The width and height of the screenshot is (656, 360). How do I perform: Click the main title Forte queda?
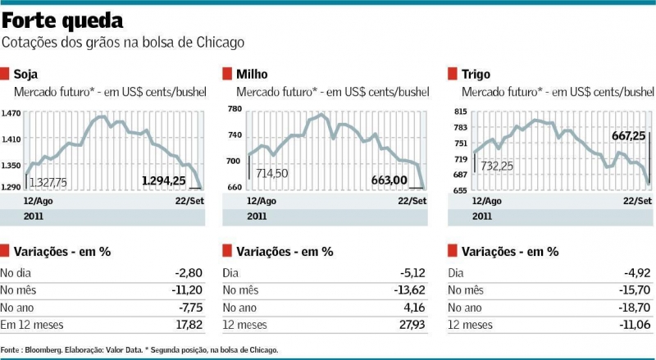click(63, 20)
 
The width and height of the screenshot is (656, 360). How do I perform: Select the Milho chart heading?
click(252, 74)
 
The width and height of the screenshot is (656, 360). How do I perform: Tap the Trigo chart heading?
click(476, 74)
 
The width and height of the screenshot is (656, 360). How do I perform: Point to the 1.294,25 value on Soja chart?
click(164, 180)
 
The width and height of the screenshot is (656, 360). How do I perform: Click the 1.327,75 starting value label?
click(48, 181)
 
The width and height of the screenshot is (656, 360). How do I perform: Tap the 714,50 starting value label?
click(271, 173)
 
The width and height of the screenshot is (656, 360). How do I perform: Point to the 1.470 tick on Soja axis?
click(11, 115)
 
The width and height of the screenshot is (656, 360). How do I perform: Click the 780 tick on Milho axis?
click(235, 109)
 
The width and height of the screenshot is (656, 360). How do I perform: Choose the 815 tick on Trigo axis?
click(459, 112)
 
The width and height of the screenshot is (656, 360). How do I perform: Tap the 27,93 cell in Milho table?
click(415, 326)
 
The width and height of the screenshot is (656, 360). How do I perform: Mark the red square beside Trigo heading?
click(453, 74)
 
